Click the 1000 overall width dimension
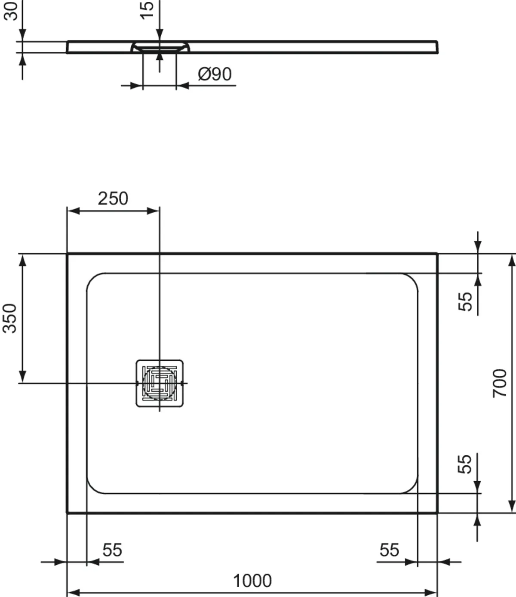[x=252, y=581]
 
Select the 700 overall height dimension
[x=500, y=383]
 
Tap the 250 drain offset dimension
[x=113, y=198]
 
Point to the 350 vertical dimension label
[x=10, y=318]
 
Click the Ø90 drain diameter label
[x=215, y=74]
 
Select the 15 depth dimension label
[x=147, y=10]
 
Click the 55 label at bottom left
[x=112, y=550]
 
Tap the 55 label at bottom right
[x=389, y=550]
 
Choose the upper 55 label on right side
[x=465, y=301]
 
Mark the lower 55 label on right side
[x=465, y=464]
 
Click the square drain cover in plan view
[x=160, y=383]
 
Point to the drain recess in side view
[x=160, y=46]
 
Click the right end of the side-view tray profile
[x=437, y=47]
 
